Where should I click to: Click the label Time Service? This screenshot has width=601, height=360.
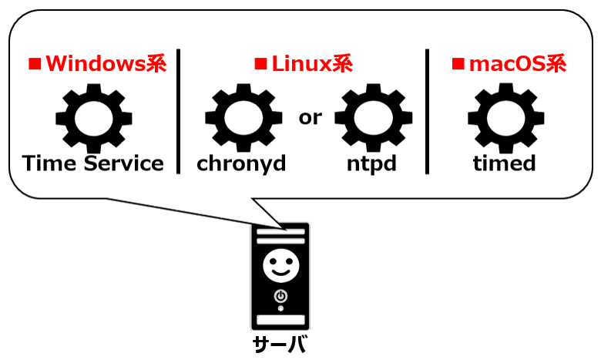(x=93, y=163)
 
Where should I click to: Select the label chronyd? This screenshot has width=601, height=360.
(x=241, y=164)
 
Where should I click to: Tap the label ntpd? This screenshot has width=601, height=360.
(x=371, y=164)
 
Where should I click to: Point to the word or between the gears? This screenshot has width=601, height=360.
(x=310, y=117)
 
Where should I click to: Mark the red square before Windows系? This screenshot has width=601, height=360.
(x=34, y=64)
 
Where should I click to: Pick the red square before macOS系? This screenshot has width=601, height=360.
(x=458, y=64)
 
